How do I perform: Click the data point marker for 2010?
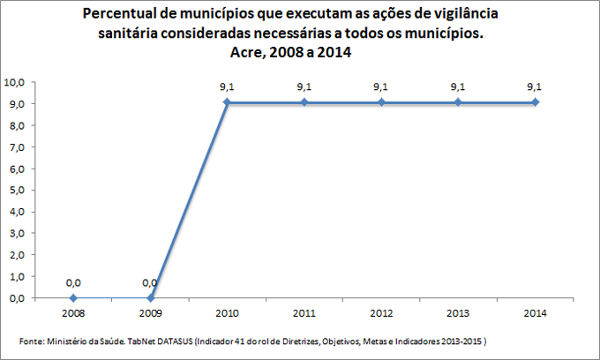click(x=227, y=102)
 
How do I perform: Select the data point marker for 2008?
click(x=73, y=298)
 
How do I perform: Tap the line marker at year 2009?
click(x=150, y=298)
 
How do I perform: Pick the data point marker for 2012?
click(x=381, y=102)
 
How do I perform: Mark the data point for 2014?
click(x=534, y=102)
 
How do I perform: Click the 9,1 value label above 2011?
click(x=304, y=86)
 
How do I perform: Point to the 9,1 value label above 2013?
click(x=458, y=86)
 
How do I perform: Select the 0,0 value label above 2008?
click(x=73, y=282)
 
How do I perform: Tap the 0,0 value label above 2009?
click(x=150, y=282)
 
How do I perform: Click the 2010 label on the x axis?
click(x=227, y=312)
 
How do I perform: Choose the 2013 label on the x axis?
click(x=458, y=312)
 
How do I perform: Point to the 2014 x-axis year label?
click(x=534, y=312)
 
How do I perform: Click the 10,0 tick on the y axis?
click(x=17, y=82)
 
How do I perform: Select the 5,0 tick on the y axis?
click(x=19, y=190)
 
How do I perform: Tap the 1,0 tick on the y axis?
click(x=19, y=276)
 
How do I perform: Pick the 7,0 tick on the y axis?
click(x=19, y=146)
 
